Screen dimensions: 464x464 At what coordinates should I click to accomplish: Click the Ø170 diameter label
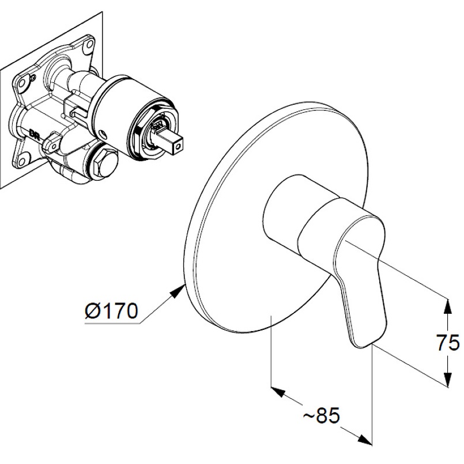coord(111,311)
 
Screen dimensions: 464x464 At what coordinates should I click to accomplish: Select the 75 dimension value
coord(448,343)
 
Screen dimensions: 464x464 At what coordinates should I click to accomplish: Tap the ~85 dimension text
coord(322,415)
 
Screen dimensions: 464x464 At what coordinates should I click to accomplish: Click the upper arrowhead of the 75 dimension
coord(448,307)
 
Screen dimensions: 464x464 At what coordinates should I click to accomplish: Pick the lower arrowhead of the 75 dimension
coord(448,379)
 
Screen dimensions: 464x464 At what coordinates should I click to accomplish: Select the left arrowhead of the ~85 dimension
coord(278,391)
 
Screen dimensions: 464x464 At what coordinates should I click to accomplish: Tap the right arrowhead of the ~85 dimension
coord(365,439)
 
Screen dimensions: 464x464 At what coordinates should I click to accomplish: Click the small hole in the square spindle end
coord(178,146)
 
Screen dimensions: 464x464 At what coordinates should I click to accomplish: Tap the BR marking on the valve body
coord(34,133)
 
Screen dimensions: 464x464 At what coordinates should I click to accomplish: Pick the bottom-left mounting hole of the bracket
coord(23,160)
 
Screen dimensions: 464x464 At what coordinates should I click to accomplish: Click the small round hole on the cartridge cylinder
coord(103,134)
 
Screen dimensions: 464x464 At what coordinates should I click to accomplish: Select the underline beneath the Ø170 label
coord(112,324)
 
